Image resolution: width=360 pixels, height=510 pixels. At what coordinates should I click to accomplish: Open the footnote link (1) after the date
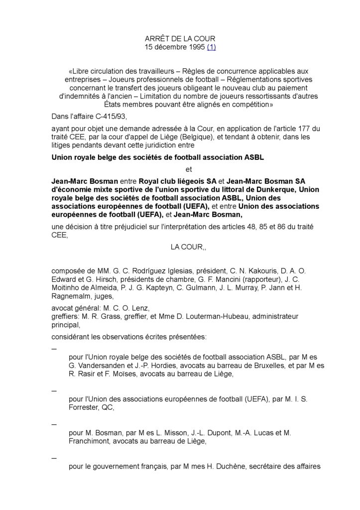[210, 47]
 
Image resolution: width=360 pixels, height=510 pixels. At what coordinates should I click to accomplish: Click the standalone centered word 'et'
[188, 169]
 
